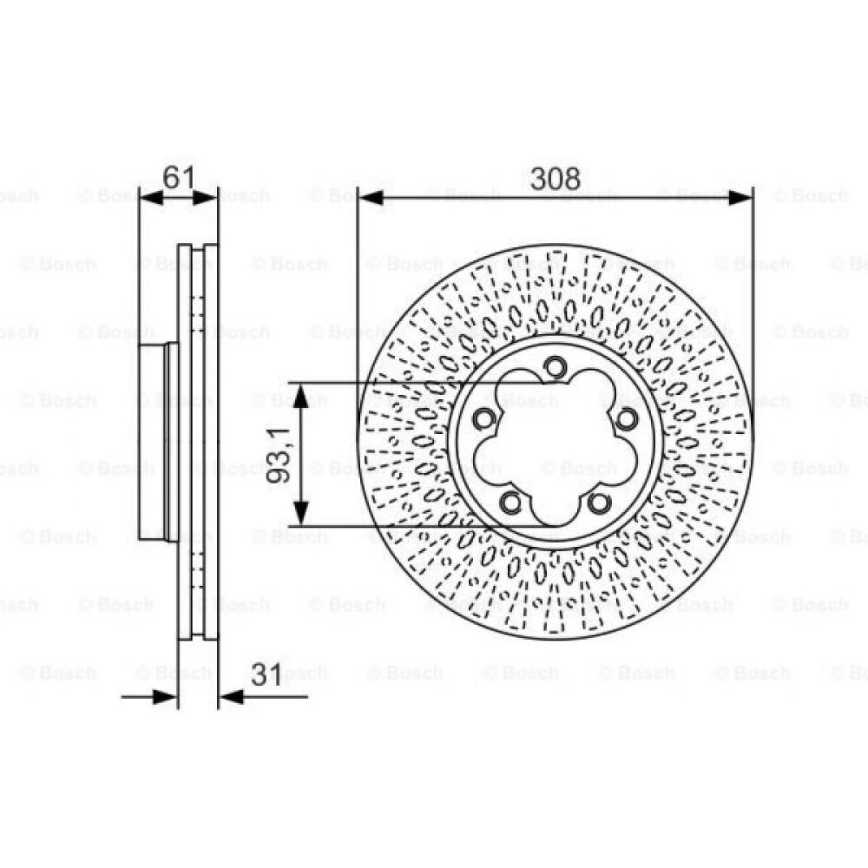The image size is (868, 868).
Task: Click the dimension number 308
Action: (x=556, y=178)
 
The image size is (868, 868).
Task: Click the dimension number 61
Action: (x=179, y=178)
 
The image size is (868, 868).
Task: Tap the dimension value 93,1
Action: (x=279, y=455)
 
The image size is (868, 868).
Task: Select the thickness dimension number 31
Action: (x=266, y=674)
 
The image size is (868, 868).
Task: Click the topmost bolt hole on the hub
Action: (x=555, y=366)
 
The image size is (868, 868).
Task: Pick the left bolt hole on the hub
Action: (x=483, y=418)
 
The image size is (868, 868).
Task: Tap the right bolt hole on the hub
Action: (x=626, y=418)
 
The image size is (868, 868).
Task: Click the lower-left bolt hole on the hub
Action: (x=511, y=503)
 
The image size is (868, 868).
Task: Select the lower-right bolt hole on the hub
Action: (x=599, y=503)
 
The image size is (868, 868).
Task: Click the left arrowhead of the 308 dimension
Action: (x=371, y=198)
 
